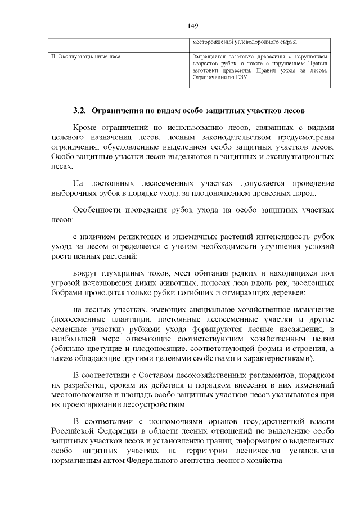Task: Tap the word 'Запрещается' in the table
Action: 209,56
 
